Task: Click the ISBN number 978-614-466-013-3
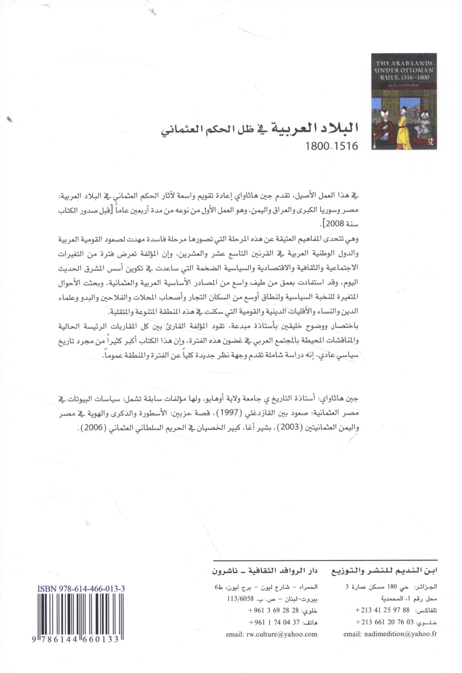81,589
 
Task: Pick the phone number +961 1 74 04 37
274,622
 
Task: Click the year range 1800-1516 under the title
331,146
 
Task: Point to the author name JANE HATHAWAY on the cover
404,85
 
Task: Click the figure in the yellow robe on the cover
403,127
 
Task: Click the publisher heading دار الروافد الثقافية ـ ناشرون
265,571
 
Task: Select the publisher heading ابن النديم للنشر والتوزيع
384,571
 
